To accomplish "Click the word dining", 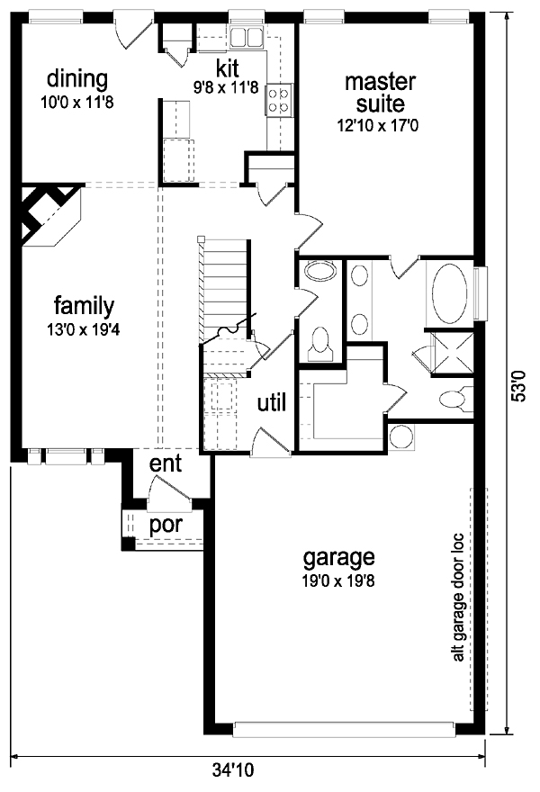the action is [x=77, y=80].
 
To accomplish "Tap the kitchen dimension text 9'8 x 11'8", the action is [x=225, y=88].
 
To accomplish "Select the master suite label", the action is [x=381, y=93].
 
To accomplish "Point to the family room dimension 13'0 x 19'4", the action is [x=84, y=329].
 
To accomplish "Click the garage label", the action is [x=339, y=558].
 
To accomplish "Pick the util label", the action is [x=272, y=402].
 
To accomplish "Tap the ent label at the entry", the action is [x=166, y=463].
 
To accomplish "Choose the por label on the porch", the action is [x=166, y=525].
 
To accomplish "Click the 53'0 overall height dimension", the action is [x=520, y=385].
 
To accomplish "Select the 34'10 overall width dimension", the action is [x=232, y=770].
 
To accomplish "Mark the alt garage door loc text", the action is [x=458, y=597].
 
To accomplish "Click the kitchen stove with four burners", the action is [x=279, y=100].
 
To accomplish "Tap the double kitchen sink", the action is [x=247, y=38].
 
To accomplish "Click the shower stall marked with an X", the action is [x=452, y=354].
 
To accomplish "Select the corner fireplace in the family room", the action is [x=49, y=216].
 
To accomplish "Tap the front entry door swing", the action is [x=169, y=489].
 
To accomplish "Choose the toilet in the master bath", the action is [x=454, y=399].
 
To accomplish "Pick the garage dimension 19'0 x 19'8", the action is [x=338, y=581].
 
